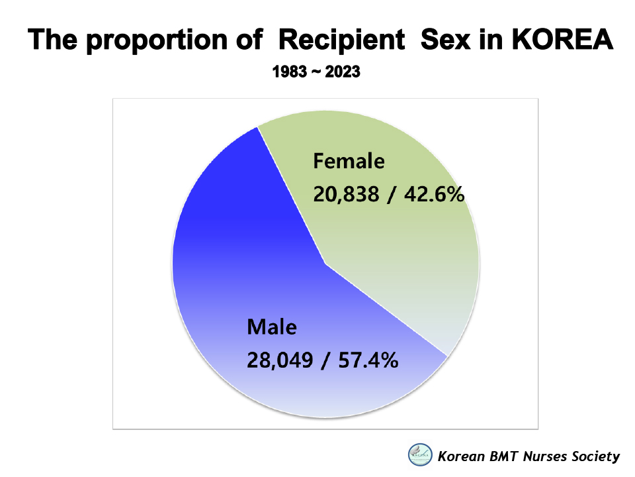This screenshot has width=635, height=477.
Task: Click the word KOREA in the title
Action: point(562,39)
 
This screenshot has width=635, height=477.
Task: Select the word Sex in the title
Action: point(445,39)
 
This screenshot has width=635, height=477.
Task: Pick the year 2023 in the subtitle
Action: point(343,72)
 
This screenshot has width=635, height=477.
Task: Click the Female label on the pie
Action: point(349,161)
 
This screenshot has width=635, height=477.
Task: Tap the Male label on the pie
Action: point(272,327)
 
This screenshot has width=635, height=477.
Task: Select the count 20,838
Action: point(346,194)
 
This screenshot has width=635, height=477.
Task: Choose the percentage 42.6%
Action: point(434,194)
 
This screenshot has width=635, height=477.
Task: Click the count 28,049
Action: point(280,360)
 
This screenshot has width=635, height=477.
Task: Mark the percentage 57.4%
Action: point(368,360)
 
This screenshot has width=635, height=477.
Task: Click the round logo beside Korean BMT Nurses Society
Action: point(420,454)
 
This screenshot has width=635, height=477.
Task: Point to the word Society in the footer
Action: point(596,457)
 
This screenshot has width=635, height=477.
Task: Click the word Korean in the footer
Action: point(461,456)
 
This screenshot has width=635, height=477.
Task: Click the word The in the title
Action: point(52,39)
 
